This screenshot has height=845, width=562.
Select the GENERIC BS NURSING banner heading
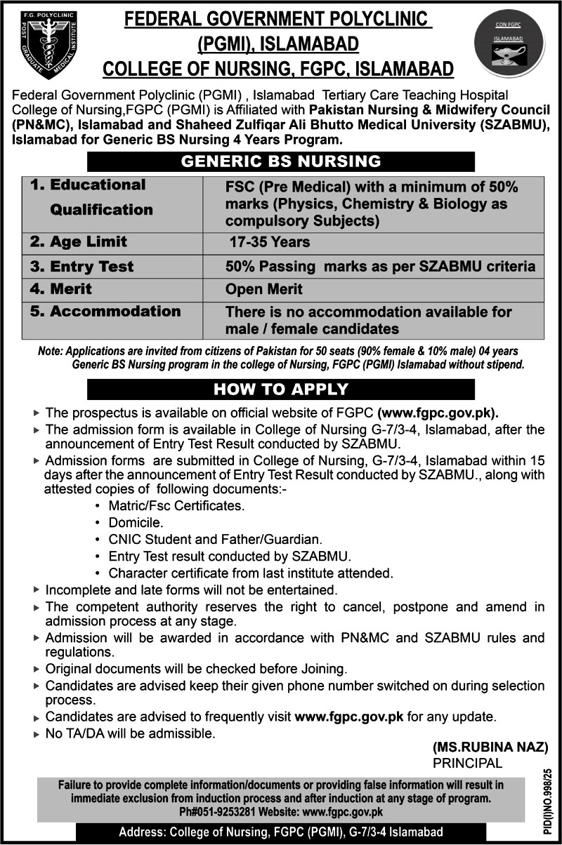pos(281,161)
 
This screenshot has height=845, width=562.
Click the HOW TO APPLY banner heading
pos(281,390)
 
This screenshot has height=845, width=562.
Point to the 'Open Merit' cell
pos(264,289)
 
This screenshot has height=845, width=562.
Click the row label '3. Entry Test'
pos(81,267)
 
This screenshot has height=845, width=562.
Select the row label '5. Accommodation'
pos(105,312)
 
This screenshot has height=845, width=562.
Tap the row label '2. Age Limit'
pos(78,242)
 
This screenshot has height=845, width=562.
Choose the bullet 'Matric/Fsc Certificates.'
pos(176,506)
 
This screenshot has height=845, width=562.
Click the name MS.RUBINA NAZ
pos(490,748)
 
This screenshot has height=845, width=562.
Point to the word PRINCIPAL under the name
pos(468,763)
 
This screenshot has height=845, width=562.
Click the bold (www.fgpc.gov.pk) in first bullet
pos(438,413)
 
